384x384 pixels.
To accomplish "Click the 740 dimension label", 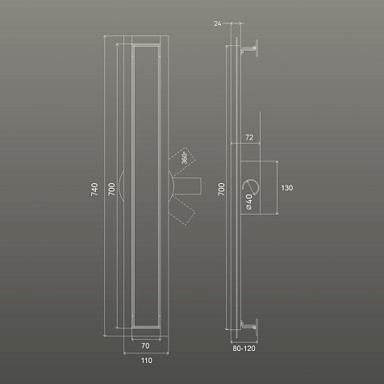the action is click(x=94, y=189).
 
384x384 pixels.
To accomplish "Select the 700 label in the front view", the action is click(x=111, y=189).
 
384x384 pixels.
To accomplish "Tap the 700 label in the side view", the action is click(x=221, y=189).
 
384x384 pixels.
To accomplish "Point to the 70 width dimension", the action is click(x=145, y=345).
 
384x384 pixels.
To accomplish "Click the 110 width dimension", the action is click(x=147, y=361).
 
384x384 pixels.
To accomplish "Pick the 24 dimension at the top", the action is click(x=218, y=23).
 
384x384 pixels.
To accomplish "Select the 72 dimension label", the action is click(x=249, y=137).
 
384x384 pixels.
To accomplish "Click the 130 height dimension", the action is click(x=287, y=188).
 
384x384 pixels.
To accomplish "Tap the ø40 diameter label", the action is click(x=249, y=202).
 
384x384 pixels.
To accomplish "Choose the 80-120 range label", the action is click(x=244, y=349).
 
